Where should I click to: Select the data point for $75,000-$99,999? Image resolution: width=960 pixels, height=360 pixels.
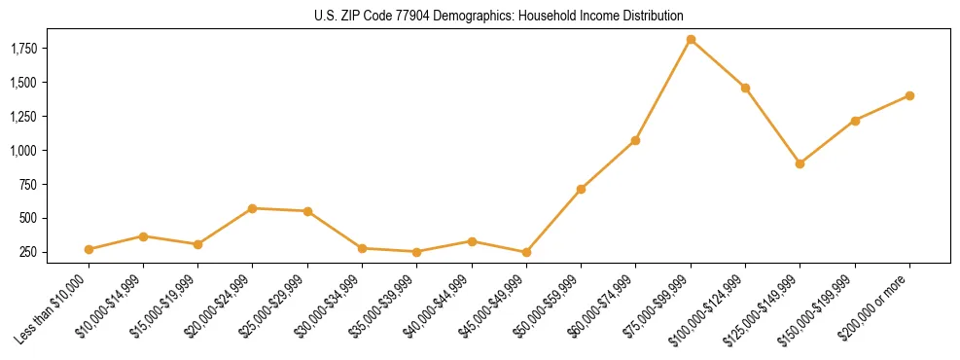click(691, 40)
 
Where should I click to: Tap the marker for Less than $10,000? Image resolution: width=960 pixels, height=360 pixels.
click(89, 249)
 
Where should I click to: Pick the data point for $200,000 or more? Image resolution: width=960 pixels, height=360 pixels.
click(909, 95)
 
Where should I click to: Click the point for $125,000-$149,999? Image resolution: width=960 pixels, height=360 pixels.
click(800, 163)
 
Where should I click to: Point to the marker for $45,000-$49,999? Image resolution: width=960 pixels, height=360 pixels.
click(526, 252)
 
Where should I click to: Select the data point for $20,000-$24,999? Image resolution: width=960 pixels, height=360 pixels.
click(253, 208)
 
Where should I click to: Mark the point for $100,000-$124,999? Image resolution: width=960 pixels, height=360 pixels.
click(745, 88)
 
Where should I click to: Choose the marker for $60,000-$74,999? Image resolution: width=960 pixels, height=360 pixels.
click(635, 140)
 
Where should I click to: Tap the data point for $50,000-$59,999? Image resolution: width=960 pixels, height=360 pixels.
click(581, 189)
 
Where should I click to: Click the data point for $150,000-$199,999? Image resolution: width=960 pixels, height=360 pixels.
click(855, 121)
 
